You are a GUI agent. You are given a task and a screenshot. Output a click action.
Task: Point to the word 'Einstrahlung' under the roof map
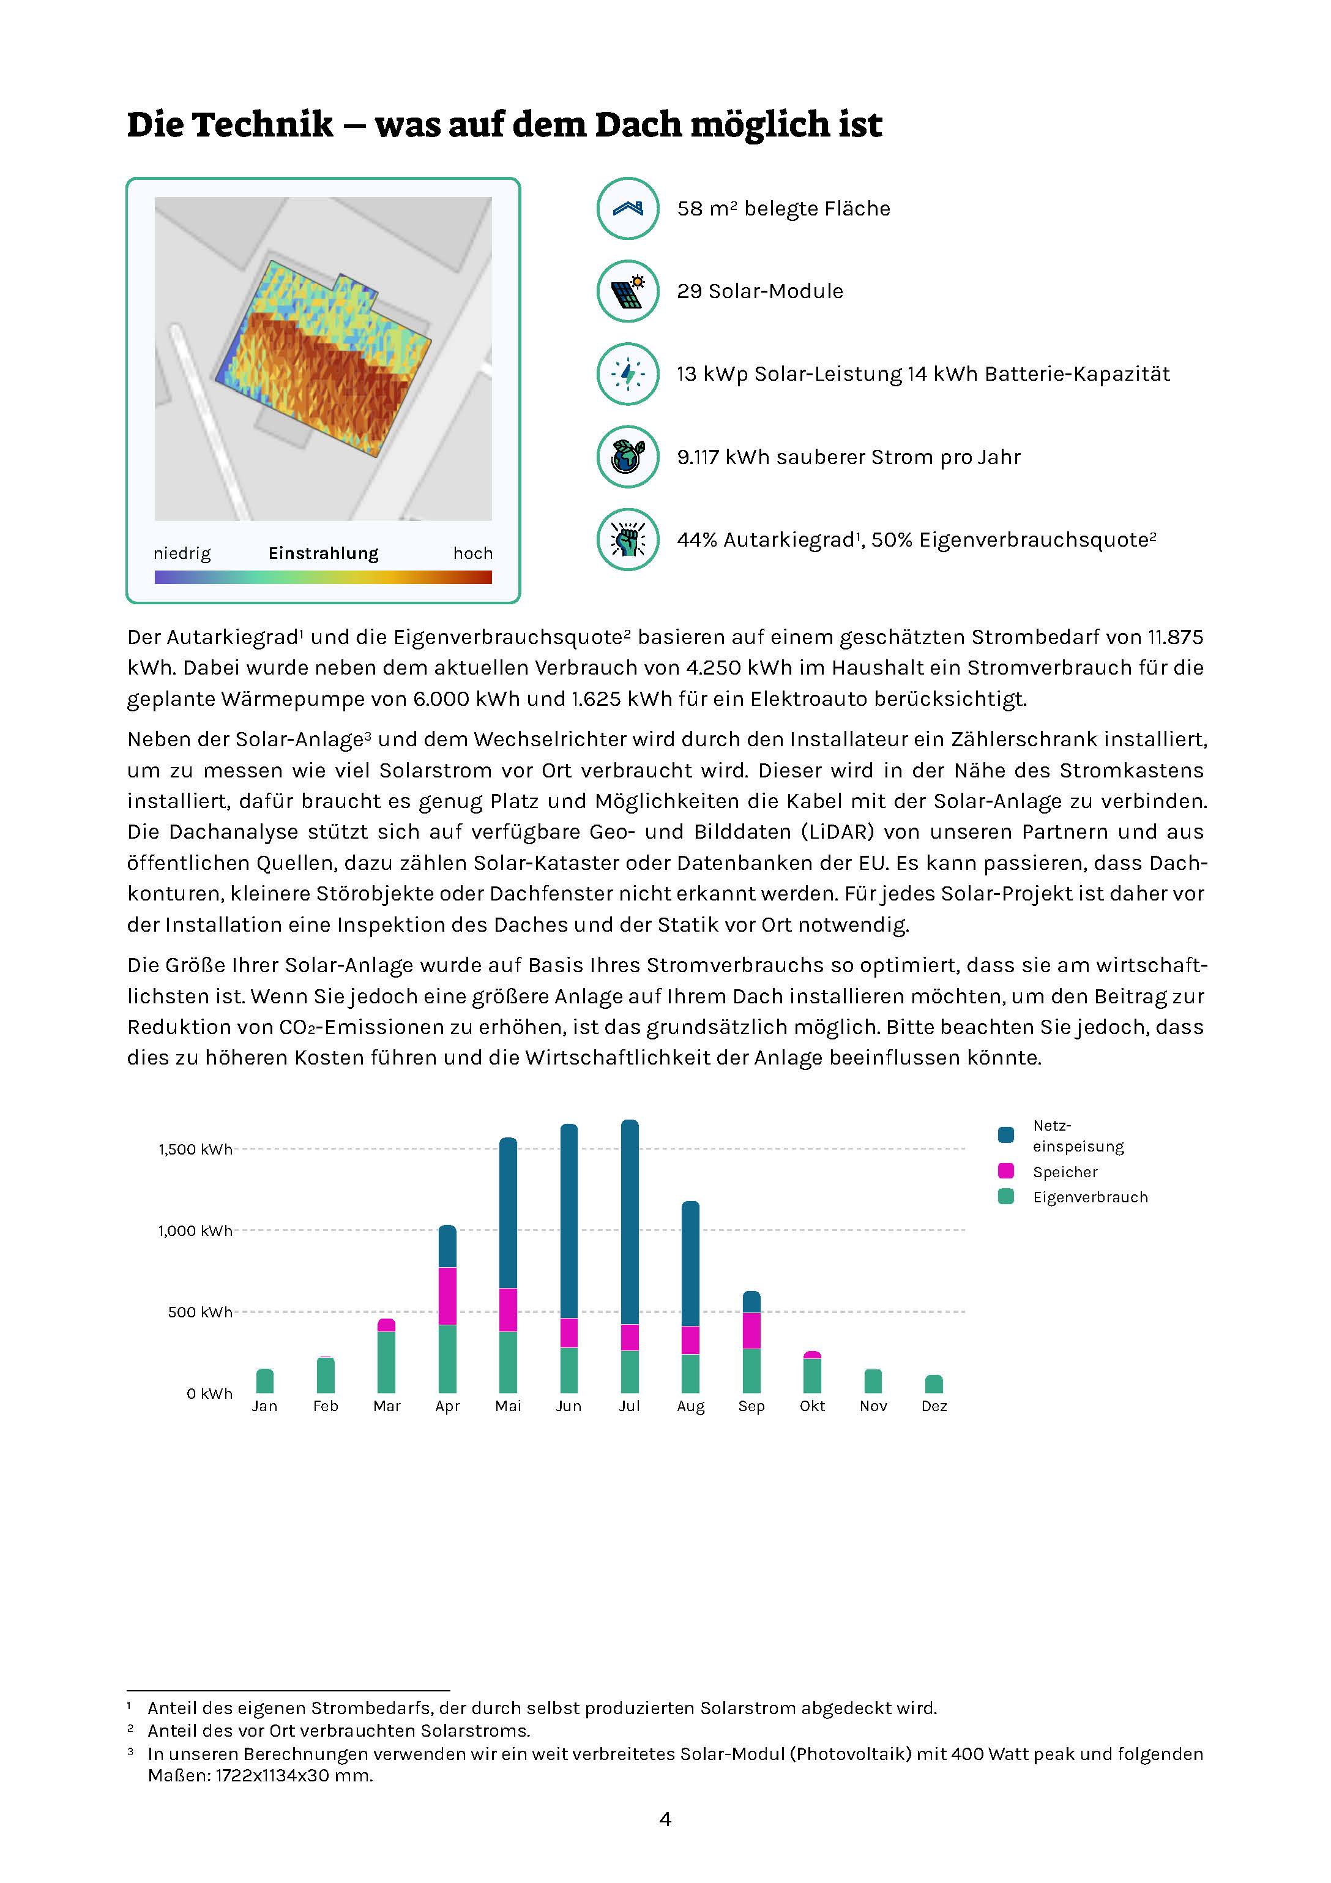(323, 553)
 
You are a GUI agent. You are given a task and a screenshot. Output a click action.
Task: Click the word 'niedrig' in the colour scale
(182, 553)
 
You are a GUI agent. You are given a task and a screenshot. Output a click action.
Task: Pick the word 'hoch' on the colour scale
(472, 553)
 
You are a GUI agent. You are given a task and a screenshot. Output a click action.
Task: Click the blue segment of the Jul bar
(630, 1222)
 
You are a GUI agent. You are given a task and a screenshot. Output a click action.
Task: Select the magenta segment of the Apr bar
(448, 1296)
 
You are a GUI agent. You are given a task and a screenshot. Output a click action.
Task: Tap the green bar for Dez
(934, 1384)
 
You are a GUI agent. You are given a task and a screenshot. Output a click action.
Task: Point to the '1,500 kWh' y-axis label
(195, 1150)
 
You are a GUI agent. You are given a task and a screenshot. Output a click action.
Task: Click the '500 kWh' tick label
(200, 1312)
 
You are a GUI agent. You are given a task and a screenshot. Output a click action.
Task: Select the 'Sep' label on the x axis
(751, 1407)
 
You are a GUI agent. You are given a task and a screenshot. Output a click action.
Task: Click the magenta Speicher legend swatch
(1006, 1171)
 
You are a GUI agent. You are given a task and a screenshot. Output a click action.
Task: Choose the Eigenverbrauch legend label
(1090, 1197)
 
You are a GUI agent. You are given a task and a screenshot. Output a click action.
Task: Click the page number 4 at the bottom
(665, 1820)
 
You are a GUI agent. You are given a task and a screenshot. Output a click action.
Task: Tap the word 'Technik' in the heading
(263, 125)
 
